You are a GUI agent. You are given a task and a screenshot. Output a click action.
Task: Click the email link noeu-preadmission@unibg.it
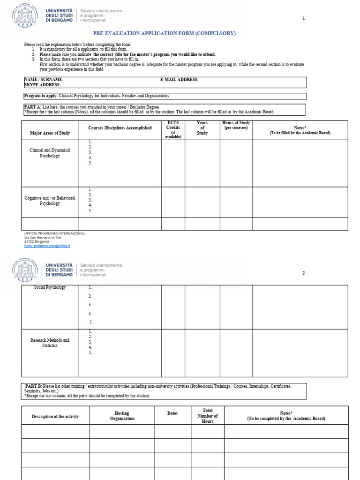pos(47,246)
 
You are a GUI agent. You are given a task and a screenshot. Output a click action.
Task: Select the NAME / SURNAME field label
pos(44,80)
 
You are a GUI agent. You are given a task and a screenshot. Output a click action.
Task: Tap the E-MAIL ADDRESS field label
pos(179,80)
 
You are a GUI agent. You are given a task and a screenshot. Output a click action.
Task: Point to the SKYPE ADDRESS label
pos(42,85)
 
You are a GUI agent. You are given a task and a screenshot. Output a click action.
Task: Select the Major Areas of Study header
pos(50,133)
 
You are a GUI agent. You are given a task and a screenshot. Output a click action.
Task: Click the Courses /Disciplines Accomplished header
pos(120,128)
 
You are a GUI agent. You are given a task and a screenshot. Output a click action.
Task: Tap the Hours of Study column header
pos(236,125)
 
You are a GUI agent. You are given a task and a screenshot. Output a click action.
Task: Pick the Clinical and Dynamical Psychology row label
pos(50,153)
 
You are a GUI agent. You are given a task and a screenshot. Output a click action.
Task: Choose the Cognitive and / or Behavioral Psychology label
pos(50,201)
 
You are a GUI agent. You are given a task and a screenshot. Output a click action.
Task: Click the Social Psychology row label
pos(50,287)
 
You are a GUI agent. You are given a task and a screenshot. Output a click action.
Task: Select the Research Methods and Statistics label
pos(50,343)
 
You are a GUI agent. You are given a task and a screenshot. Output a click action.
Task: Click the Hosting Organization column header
pos(122,416)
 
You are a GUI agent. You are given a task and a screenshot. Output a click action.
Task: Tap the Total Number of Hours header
pos(207,416)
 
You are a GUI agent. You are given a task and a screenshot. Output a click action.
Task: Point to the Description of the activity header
pos(55,416)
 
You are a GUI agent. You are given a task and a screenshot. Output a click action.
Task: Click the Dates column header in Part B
pos(172,413)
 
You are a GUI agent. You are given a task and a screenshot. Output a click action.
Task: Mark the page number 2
pos(303,273)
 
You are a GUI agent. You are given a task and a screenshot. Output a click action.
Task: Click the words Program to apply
pos(40,96)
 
